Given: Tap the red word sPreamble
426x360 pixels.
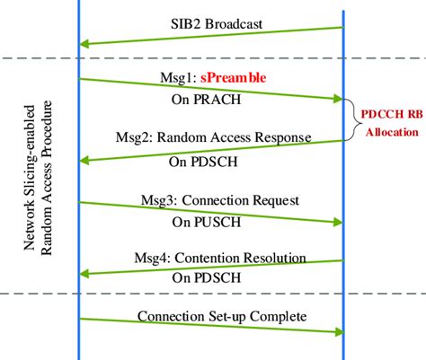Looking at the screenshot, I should tap(233, 78).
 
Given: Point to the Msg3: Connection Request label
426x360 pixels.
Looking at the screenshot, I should tap(221, 199).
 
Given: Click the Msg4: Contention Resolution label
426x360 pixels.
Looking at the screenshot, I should tap(221, 259).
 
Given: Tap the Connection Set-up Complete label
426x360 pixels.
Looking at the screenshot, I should tap(222, 316).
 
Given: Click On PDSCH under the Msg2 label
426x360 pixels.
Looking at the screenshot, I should tap(203, 163).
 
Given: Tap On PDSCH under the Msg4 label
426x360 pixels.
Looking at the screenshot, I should tap(203, 279).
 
